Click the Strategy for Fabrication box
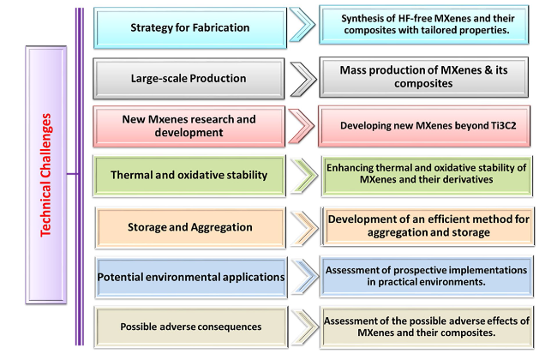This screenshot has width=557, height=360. tap(190, 27)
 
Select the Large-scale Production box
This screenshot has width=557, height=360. tap(189, 79)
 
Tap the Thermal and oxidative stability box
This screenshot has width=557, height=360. tap(189, 176)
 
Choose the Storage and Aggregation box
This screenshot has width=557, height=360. tap(190, 227)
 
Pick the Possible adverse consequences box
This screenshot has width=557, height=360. tap(191, 327)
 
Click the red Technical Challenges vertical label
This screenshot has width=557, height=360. tap(45, 175)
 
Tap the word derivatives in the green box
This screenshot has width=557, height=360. tap(470, 179)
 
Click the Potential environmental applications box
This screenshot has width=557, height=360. tap(191, 277)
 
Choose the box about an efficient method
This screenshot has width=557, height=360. tap(428, 226)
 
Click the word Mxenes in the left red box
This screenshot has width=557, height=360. tap(165, 119)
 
